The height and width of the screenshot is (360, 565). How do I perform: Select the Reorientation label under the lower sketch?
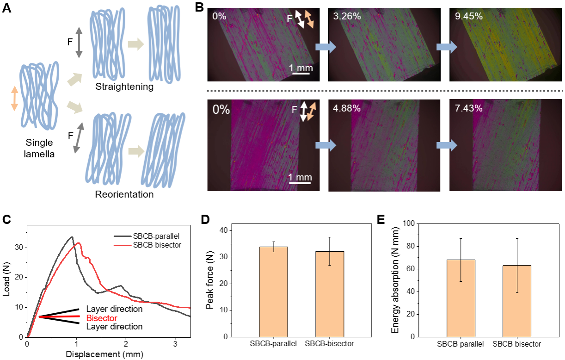(x=124, y=194)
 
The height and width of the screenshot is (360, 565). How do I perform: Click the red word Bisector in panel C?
(x=102, y=318)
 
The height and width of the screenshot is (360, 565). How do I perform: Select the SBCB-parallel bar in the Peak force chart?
(x=273, y=292)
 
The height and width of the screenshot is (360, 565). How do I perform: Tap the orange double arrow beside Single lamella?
(x=14, y=98)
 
